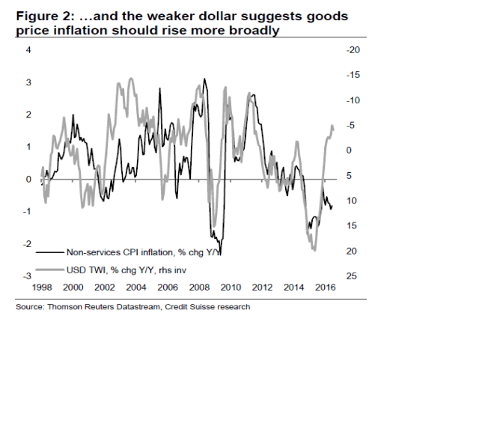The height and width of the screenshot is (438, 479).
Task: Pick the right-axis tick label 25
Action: click(x=352, y=276)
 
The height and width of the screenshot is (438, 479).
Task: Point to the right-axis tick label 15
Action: click(x=352, y=226)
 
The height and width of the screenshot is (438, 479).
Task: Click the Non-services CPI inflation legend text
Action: click(x=143, y=252)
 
